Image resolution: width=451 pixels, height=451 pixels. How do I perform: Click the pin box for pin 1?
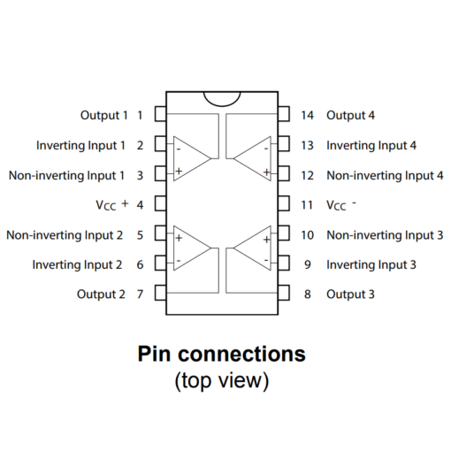click(x=161, y=114)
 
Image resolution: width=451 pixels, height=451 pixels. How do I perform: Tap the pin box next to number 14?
click(x=284, y=114)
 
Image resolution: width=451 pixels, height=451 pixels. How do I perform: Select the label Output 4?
click(x=350, y=115)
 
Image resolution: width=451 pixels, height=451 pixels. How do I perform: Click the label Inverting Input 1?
click(x=80, y=145)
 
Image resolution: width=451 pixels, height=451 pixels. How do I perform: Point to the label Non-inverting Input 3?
click(x=385, y=235)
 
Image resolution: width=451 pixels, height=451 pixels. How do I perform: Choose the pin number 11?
click(x=307, y=205)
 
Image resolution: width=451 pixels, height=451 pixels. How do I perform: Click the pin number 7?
click(x=140, y=294)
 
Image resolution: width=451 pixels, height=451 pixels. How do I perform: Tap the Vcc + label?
click(x=112, y=204)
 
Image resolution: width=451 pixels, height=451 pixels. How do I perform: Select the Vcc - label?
click(x=341, y=205)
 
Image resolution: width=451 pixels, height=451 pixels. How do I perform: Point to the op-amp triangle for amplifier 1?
click(x=192, y=158)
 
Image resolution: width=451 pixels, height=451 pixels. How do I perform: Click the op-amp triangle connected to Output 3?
click(x=252, y=248)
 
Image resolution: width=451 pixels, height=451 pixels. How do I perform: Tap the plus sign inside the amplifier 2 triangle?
click(x=179, y=238)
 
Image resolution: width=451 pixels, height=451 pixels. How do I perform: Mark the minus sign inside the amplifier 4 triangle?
click(x=266, y=149)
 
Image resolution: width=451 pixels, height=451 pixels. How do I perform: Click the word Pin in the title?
click(x=154, y=354)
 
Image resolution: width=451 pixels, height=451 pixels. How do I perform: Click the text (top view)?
click(x=222, y=381)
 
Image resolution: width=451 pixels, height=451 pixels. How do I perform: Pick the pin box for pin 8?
click(x=284, y=293)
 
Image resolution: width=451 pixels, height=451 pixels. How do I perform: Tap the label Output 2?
click(x=101, y=294)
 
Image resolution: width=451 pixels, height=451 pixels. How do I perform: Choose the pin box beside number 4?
click(x=161, y=203)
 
